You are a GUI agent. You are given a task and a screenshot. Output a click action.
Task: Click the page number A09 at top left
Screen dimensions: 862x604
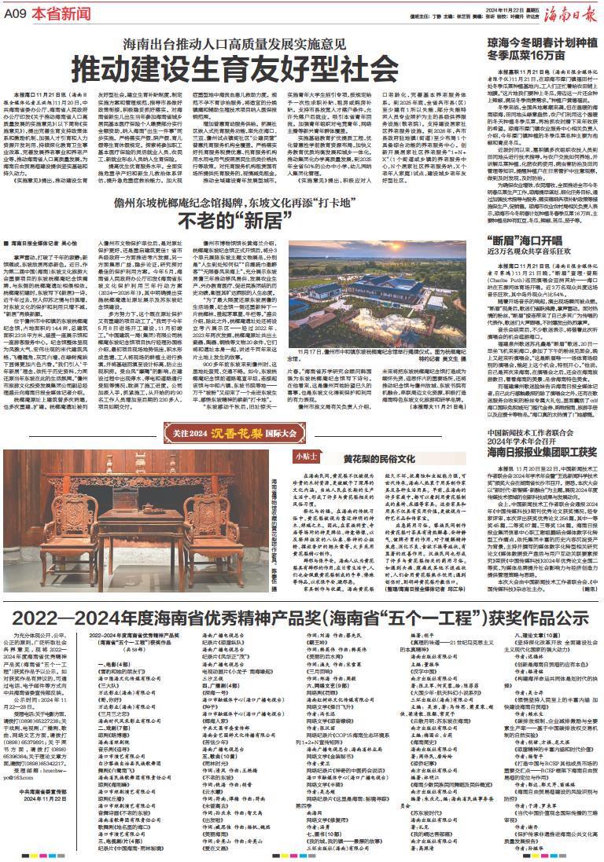click(x=16, y=14)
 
